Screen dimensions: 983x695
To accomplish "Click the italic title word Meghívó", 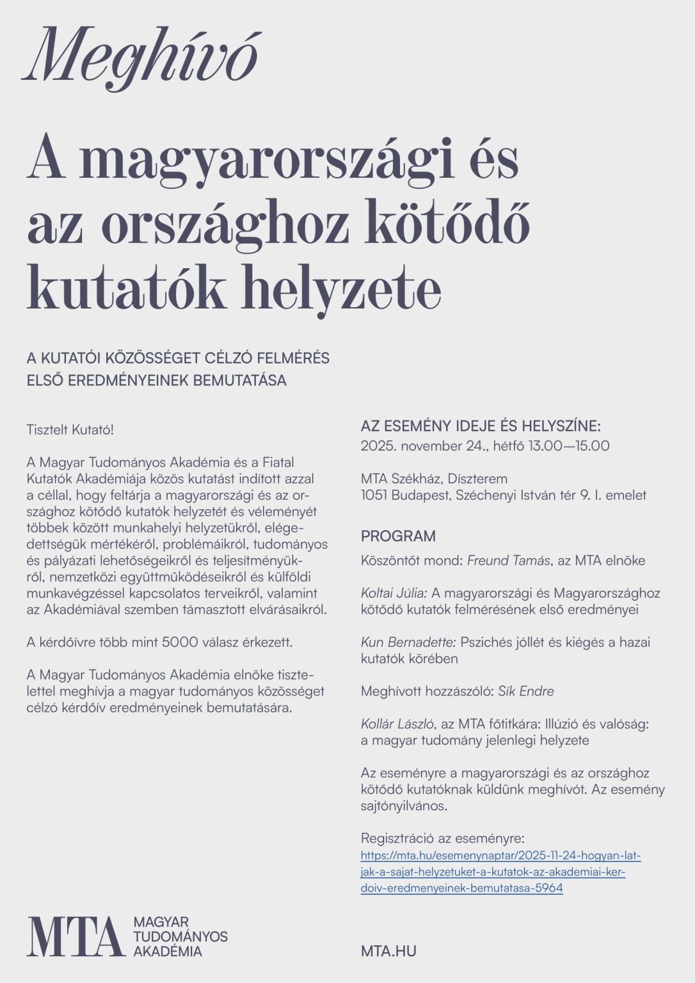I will click(141, 59).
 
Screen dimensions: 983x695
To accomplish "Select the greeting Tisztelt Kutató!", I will click(70, 429).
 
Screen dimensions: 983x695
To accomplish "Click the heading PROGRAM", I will click(398, 536).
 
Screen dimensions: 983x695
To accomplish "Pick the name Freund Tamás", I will click(508, 561).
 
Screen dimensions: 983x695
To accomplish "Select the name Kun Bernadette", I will click(408, 642).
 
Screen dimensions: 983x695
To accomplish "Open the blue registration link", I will click(500, 872).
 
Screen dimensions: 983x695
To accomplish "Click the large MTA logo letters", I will click(75, 936).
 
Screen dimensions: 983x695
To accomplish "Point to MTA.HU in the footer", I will click(388, 951).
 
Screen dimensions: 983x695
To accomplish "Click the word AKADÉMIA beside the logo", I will click(168, 951).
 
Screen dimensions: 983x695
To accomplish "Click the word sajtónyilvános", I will click(404, 806).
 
